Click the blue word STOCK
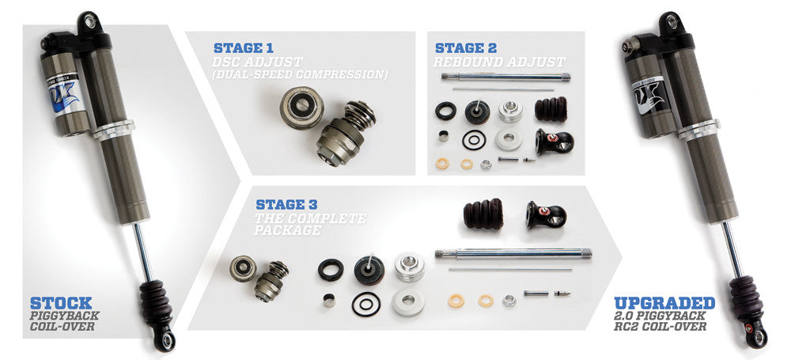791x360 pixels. [61, 303]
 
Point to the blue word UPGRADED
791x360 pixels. [664, 303]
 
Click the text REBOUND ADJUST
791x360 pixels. [499, 62]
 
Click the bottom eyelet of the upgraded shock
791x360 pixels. [758, 338]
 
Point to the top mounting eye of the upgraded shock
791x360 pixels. [668, 20]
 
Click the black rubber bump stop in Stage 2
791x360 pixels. [554, 110]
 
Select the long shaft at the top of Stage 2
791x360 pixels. [506, 78]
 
